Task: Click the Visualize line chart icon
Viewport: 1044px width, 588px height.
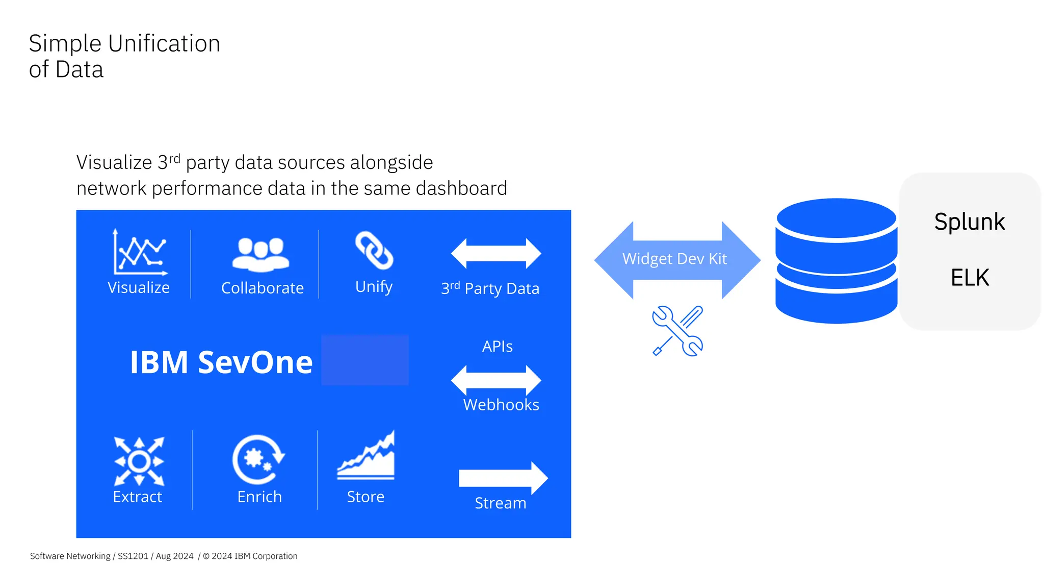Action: point(140,252)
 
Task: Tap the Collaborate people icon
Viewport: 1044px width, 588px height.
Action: point(260,254)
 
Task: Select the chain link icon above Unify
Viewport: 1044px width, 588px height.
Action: point(374,251)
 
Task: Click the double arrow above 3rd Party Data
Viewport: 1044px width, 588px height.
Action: point(496,254)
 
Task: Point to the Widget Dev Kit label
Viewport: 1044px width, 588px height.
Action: point(674,259)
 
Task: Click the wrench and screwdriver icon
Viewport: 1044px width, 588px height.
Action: point(677,331)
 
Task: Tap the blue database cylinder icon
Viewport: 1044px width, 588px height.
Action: point(836,261)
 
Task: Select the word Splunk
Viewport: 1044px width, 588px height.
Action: point(969,222)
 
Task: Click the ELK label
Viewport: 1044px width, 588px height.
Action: point(970,278)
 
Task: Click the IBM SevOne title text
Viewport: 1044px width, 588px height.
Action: point(221,362)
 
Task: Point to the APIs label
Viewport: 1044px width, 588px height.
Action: point(497,347)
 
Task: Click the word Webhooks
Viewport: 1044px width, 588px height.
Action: point(501,405)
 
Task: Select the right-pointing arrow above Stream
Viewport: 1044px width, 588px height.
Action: point(503,478)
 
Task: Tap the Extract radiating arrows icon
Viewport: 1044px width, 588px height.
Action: point(139,461)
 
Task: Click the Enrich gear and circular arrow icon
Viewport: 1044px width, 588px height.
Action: point(258,459)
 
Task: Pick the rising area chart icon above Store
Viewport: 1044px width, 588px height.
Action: point(366,456)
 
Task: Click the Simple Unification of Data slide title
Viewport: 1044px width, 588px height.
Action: point(124,56)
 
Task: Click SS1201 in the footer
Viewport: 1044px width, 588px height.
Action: point(133,556)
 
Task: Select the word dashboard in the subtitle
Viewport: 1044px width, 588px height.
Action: point(461,188)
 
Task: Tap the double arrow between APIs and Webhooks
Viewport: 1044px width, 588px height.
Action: point(496,380)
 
